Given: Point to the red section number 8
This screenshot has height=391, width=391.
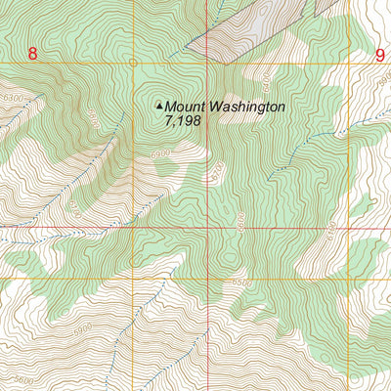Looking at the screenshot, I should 32,55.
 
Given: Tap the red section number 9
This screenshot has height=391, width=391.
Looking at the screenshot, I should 379,56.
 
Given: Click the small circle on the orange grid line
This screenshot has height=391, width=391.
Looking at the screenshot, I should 134,63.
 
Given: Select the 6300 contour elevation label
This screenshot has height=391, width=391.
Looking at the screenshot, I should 13,98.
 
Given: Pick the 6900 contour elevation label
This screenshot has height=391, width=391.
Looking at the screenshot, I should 161,153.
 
